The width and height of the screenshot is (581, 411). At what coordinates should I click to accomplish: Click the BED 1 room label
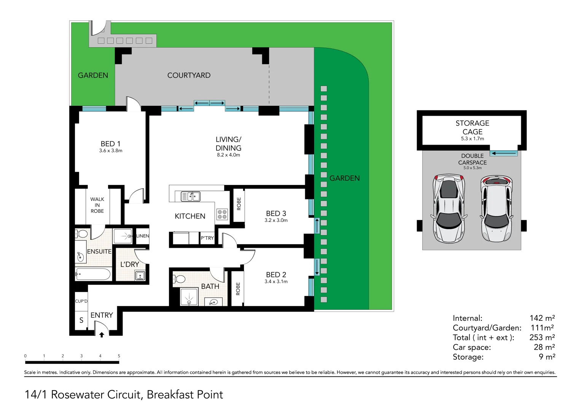coord(110,144)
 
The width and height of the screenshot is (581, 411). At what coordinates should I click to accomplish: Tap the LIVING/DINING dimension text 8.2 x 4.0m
coord(229,155)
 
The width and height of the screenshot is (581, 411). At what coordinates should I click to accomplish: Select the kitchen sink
coord(190,196)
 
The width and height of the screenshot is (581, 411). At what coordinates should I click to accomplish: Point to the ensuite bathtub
coord(93,274)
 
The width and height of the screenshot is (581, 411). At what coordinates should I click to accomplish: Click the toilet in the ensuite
coord(81,234)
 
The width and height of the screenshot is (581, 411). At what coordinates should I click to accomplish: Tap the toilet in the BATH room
coord(179,279)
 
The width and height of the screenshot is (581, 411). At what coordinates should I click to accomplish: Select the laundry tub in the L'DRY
coord(140,275)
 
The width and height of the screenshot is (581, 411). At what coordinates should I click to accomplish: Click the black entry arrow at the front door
coord(102,335)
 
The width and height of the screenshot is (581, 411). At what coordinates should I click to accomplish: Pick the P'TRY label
coord(207,238)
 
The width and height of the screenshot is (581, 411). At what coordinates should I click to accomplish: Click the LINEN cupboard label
coord(143,236)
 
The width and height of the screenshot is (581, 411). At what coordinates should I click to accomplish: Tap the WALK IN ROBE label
coord(97,205)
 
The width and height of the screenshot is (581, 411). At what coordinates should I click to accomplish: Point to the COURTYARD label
coord(189,75)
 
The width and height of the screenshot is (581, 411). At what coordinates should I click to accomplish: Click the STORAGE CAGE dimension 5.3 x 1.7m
coord(472,139)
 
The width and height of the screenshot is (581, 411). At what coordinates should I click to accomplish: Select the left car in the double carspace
coord(449,209)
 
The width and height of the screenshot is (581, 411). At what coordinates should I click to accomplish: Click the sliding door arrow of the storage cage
coord(504,153)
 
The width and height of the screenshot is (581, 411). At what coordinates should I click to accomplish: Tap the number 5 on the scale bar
coord(119,356)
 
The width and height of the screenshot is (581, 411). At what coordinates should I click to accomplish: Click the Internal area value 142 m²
coord(542,318)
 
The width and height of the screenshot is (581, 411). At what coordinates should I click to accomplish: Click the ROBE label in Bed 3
coord(239,204)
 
